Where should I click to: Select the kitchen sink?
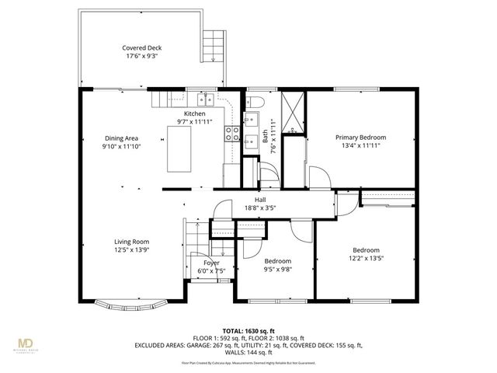(x=206, y=99)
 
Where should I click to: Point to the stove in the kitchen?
(x=231, y=134)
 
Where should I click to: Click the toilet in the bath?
(x=257, y=103)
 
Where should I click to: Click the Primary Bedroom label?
(x=360, y=138)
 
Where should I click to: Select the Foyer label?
(x=211, y=263)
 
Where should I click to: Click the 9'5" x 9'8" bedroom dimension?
(x=277, y=270)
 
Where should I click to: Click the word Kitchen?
(x=194, y=113)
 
